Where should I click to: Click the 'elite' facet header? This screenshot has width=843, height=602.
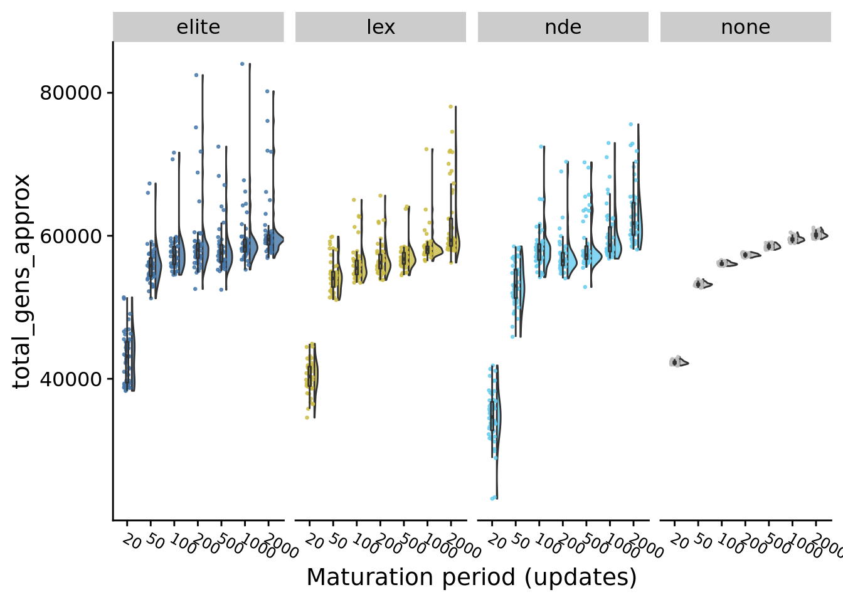click(198, 28)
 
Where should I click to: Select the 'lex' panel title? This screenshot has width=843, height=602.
click(381, 28)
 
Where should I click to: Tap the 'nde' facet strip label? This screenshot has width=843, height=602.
click(563, 28)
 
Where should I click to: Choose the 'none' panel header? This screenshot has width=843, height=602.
click(746, 28)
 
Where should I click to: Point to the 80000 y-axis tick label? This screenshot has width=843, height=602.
click(70, 93)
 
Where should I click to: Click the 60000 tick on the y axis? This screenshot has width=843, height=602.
click(70, 236)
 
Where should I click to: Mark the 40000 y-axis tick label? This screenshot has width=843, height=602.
click(70, 379)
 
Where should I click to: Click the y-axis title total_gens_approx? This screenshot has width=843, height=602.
click(23, 281)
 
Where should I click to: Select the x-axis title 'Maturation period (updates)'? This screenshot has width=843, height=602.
click(472, 577)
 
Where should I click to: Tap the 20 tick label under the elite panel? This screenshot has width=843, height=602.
click(132, 540)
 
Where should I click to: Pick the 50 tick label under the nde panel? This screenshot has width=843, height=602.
click(520, 541)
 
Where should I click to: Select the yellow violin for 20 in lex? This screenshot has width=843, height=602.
click(314, 376)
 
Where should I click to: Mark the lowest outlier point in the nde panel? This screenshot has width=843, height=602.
click(492, 499)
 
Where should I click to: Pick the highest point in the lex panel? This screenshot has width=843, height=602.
click(450, 107)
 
